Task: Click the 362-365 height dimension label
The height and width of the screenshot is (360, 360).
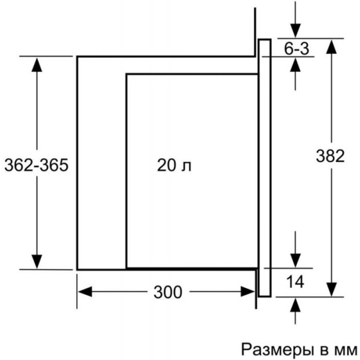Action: [37, 165]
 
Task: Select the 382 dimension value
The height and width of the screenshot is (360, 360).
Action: [330, 156]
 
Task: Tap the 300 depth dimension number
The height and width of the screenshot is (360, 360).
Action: [168, 292]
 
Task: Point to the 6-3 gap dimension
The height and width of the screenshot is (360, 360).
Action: [297, 48]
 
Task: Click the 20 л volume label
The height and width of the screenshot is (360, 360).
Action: [174, 165]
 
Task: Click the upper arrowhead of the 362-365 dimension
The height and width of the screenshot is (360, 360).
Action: [37, 65]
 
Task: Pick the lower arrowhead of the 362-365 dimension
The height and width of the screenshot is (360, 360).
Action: [37, 261]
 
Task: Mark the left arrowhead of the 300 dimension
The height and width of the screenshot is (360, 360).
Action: [85, 292]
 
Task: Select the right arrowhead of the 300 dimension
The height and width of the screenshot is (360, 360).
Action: [247, 292]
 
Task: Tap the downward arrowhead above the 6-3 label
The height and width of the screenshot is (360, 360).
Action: [295, 30]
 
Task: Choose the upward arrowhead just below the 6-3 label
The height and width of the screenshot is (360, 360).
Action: [295, 65]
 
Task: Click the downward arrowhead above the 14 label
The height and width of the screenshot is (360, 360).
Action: [295, 261]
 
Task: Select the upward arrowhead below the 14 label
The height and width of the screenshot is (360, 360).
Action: [295, 305]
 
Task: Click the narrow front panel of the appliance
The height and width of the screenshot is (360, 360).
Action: [264, 168]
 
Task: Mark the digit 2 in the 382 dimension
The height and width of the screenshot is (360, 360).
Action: [340, 156]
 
